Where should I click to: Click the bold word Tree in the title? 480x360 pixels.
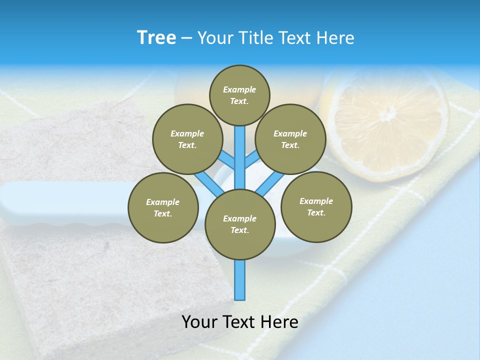(x=156, y=38)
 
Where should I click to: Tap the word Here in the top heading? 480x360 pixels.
(x=335, y=38)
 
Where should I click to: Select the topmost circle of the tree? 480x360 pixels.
(x=239, y=95)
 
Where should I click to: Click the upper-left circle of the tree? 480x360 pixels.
(x=187, y=139)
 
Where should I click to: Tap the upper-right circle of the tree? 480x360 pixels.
(x=290, y=139)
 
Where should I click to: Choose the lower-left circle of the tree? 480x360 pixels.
(x=163, y=207)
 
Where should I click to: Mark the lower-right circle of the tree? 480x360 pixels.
(x=316, y=206)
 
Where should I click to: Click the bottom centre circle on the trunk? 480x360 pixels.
(x=240, y=224)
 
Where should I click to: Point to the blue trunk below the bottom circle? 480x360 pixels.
(x=240, y=280)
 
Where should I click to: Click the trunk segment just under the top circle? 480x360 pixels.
(x=240, y=150)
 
